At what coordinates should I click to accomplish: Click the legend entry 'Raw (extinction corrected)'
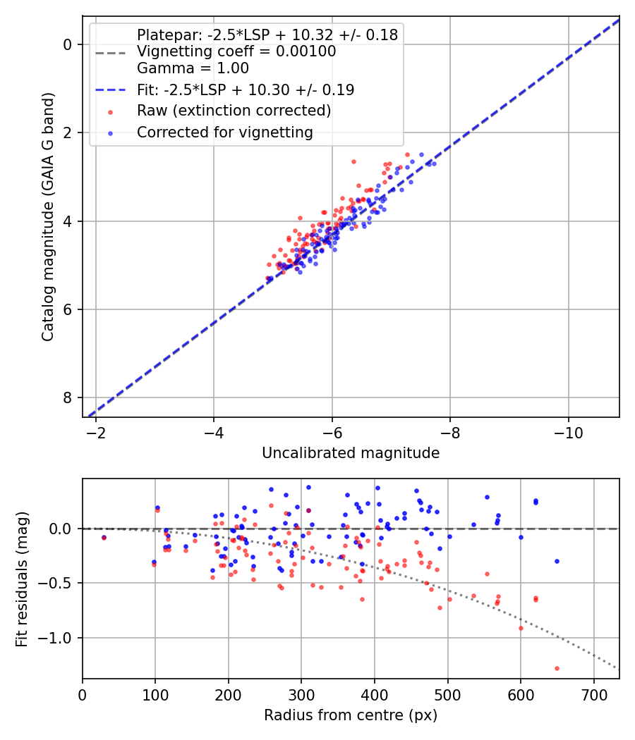[234, 111]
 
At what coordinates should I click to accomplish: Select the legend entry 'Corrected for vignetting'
[224, 132]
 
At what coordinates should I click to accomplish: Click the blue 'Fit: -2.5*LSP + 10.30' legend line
[111, 90]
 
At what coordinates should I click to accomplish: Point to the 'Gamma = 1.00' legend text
[193, 69]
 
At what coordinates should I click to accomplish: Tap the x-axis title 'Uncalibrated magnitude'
[351, 453]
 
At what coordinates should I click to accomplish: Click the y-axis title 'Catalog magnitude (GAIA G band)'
[47, 221]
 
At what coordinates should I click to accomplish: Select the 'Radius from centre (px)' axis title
[351, 715]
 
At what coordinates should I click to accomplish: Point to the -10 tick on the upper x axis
[569, 432]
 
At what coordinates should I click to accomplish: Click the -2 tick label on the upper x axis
[97, 432]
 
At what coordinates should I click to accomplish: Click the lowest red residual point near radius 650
[557, 668]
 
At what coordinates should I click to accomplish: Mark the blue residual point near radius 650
[557, 561]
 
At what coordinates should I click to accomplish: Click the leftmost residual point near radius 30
[104, 537]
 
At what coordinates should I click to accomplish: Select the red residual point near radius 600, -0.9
[521, 628]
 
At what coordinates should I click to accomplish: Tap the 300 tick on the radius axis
[301, 694]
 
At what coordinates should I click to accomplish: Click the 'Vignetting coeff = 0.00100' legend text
[236, 51]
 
